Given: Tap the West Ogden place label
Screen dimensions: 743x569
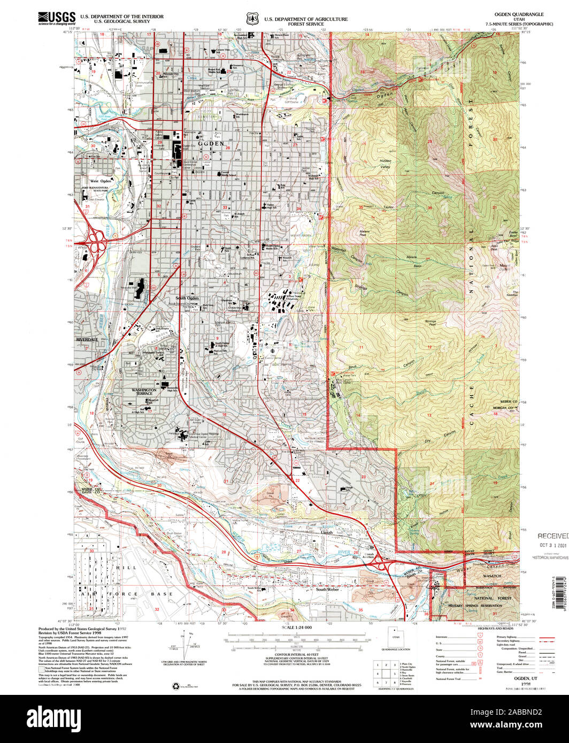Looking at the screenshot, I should [101, 181].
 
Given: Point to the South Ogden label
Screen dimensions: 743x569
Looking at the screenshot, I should [187, 298].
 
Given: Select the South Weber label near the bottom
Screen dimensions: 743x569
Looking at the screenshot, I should [328, 590].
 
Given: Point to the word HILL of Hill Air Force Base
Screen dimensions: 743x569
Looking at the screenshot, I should [130, 567].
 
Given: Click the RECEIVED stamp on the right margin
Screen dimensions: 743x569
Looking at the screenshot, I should [553, 536].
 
